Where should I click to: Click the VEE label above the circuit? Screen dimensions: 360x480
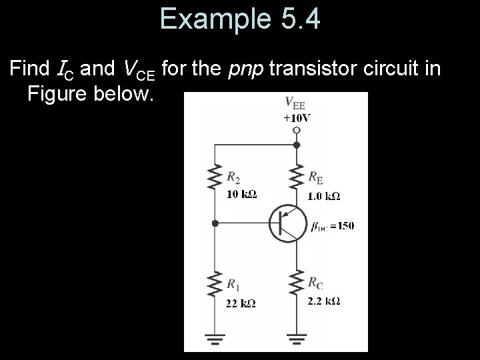click(295, 103)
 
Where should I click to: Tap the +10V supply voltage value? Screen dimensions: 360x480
click(297, 118)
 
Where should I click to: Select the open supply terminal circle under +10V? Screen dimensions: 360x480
click(297, 131)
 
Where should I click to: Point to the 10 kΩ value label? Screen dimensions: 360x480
click(241, 195)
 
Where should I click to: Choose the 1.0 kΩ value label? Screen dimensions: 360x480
click(323, 196)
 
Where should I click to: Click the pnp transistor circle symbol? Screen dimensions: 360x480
click(287, 224)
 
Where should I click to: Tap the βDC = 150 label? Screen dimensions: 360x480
click(333, 225)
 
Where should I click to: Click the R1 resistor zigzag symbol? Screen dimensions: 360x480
click(215, 285)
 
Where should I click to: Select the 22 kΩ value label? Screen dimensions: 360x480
click(241, 303)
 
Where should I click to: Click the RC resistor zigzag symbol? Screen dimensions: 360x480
click(297, 285)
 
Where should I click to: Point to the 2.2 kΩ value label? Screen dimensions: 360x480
click(324, 301)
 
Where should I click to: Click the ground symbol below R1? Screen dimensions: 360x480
click(215, 340)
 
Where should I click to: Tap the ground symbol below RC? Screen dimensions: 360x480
click(297, 340)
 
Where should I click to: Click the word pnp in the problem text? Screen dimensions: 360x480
click(248, 69)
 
